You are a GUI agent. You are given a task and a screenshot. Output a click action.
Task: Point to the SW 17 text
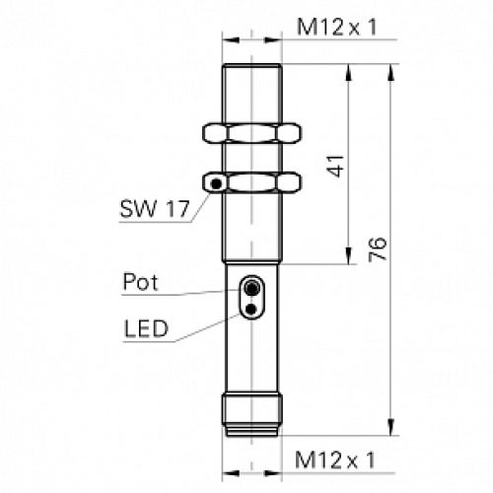(154, 210)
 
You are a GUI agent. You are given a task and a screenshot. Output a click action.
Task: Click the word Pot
(141, 283)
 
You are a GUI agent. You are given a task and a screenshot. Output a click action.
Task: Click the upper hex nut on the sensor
(253, 132)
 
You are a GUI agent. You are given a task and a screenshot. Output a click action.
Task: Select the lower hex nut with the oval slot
(253, 182)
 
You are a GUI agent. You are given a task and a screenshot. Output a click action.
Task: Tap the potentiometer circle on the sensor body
(253, 290)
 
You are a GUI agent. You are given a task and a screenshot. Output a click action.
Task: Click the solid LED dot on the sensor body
(253, 310)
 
